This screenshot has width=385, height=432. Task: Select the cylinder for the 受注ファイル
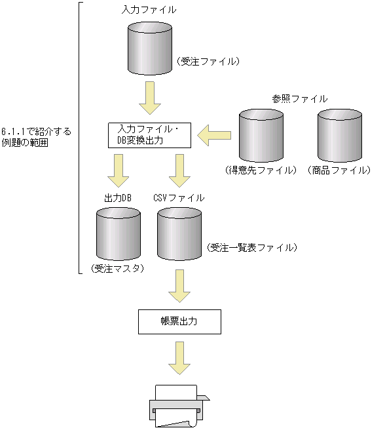[x=149, y=49]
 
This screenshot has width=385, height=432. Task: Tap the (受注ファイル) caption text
[x=209, y=62]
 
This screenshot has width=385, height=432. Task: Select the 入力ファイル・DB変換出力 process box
[x=149, y=136]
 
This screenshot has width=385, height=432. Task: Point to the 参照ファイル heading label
[x=300, y=98]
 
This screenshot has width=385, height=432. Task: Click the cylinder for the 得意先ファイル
[x=261, y=135]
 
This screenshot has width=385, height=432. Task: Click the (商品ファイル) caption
[x=339, y=170]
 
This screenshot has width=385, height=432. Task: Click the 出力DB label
[x=118, y=197]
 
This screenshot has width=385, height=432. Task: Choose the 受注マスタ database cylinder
[x=118, y=233]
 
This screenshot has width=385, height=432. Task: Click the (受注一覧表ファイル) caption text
[x=252, y=248]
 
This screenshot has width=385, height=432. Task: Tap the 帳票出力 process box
[x=179, y=323]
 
